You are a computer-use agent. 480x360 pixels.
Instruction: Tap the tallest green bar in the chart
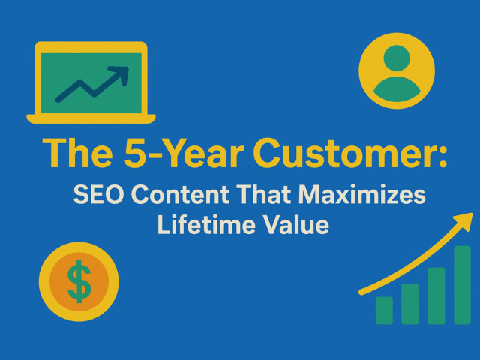point(462,285)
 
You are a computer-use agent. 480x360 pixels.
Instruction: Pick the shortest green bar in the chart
point(384,310)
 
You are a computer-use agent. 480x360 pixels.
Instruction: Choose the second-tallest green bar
point(436,295)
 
